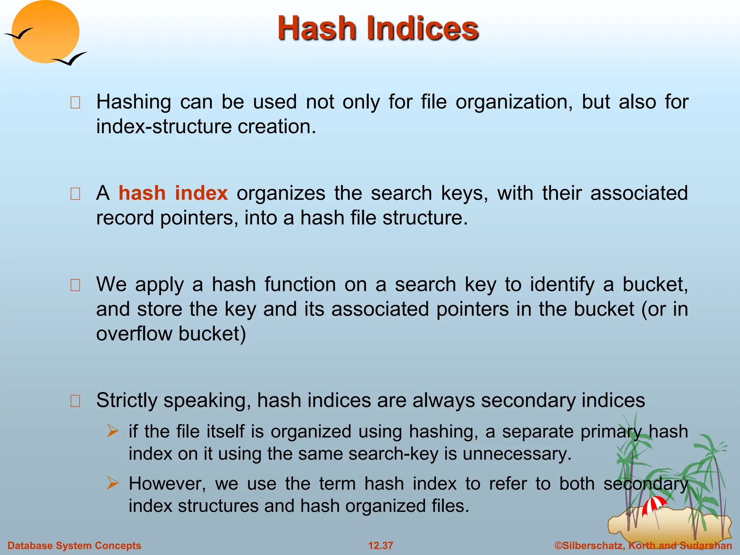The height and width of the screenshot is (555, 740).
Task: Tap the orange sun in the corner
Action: pyautogui.click(x=46, y=32)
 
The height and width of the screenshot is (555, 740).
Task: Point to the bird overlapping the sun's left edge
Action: pyautogui.click(x=19, y=34)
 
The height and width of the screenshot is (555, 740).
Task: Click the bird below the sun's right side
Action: pyautogui.click(x=70, y=59)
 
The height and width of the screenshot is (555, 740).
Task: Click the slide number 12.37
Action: pyautogui.click(x=380, y=546)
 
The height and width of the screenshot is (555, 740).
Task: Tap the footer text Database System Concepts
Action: pyautogui.click(x=74, y=546)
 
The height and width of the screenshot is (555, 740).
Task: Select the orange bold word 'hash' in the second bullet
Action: pyautogui.click(x=142, y=193)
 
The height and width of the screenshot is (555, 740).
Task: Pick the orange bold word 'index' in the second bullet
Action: pyautogui.click(x=201, y=193)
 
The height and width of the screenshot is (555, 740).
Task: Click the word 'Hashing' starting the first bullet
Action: pyautogui.click(x=133, y=102)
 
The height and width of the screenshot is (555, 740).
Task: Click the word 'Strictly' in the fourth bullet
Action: pyautogui.click(x=126, y=401)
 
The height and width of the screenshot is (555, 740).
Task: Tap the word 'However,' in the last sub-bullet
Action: pyautogui.click(x=167, y=483)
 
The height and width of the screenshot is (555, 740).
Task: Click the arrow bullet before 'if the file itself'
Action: pyautogui.click(x=113, y=431)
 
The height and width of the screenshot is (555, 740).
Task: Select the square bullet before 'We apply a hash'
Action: pyautogui.click(x=75, y=285)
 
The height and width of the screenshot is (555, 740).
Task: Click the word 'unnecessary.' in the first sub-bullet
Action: pyautogui.click(x=517, y=454)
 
